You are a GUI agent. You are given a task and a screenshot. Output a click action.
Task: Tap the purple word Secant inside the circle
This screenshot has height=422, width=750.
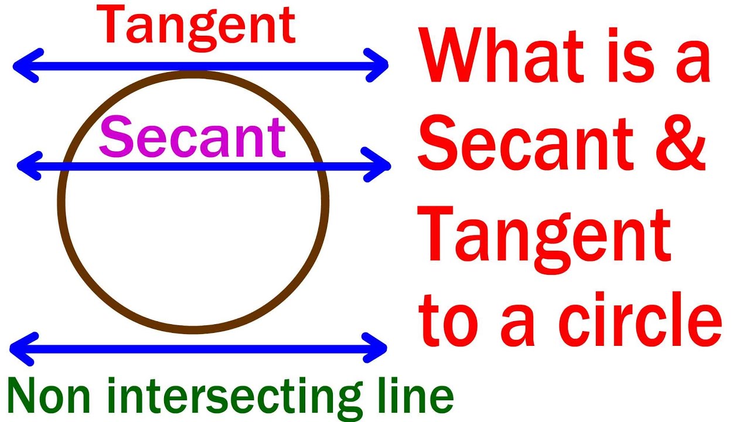coord(192,138)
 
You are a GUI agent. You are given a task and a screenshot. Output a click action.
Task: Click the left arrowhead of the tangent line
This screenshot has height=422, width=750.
coord(22,65)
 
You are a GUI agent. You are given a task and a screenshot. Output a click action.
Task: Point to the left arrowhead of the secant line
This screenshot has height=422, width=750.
coord(27,166)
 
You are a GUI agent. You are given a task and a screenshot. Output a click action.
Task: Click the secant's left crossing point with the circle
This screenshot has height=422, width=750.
coord(67,166)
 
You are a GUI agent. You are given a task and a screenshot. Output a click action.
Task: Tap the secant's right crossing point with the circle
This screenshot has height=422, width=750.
coord(318,166)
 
